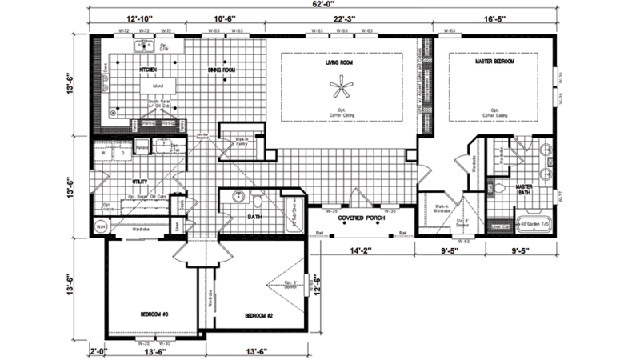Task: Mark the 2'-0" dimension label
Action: coord(98,350)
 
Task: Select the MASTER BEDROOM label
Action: coord(493,62)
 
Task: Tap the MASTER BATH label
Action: coord(545,190)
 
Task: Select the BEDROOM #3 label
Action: coord(153,314)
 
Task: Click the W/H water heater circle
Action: coord(102,227)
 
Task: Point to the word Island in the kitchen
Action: coord(158,86)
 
